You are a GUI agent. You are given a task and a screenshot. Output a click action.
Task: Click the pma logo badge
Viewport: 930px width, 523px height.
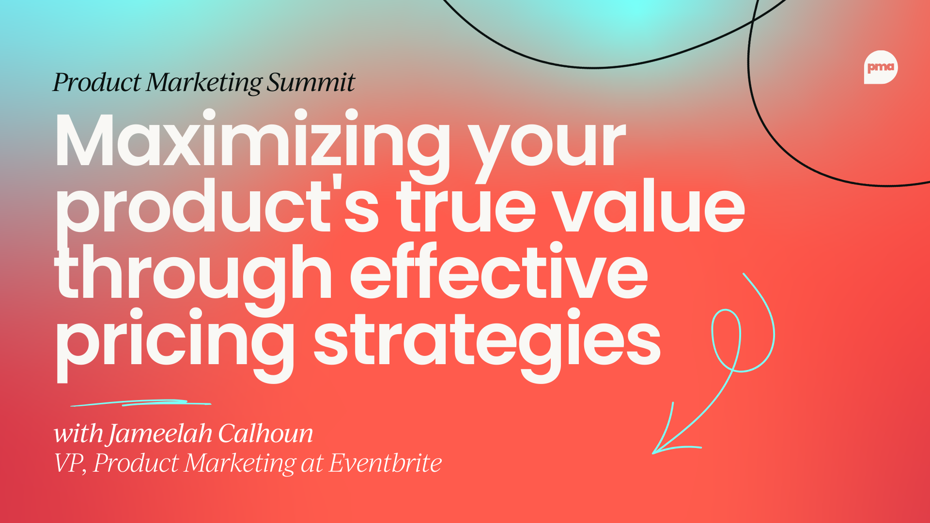[880, 67]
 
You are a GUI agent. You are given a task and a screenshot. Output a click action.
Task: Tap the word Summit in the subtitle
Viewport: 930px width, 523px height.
[311, 82]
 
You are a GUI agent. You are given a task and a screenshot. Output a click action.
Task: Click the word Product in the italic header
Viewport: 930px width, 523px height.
[96, 82]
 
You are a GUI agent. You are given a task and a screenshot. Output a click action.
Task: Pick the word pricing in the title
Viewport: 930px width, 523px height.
[174, 341]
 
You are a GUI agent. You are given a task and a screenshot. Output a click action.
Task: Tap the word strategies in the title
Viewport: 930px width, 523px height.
[487, 341]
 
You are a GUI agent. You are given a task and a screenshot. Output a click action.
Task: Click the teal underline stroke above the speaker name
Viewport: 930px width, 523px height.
[140, 403]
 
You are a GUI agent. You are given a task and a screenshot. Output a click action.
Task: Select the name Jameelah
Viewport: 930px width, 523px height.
[160, 433]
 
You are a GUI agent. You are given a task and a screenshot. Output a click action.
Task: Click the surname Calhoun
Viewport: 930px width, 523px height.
[265, 433]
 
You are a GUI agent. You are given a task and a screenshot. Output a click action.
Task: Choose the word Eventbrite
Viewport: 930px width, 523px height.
[386, 463]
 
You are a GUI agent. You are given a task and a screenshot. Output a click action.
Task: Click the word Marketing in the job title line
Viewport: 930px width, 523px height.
[240, 463]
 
